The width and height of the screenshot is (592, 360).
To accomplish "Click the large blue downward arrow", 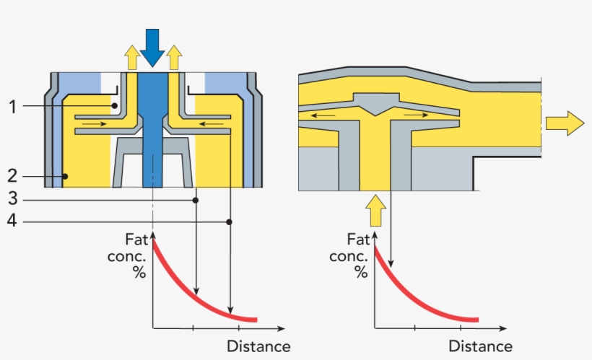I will coord(152,46).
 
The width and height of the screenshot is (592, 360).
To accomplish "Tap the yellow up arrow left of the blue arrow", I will coord(131,57).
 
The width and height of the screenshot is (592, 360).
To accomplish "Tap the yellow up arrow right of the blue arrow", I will coord(173,57).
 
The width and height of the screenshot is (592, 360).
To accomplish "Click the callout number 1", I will coord(12,107).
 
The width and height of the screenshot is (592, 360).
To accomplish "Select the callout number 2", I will coord(12,175).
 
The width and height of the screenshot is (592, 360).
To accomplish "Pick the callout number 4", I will coord(12,221).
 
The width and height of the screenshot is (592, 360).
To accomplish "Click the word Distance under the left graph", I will coord(258,347).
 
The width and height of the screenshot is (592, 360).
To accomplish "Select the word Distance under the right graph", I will coord(480,347).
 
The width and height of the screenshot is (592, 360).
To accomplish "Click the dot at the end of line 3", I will coord(196,200).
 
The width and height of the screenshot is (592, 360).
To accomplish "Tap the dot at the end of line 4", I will coord(230,221).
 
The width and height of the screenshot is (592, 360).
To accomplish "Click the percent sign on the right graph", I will coord(360,271).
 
